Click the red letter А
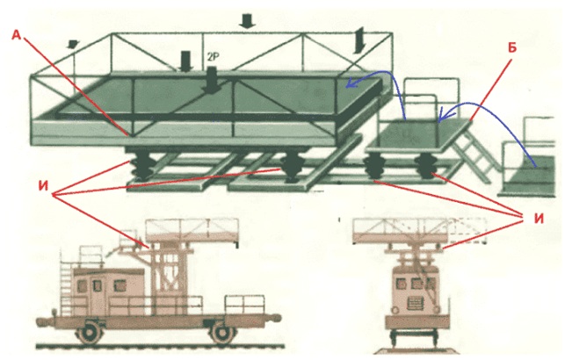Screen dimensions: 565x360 point(17,35)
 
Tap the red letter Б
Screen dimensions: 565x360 point(512,47)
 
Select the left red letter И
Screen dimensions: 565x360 point(43,187)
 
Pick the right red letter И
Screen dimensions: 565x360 point(539,218)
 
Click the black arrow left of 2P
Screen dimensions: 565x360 point(185,61)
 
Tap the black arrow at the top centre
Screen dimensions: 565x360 point(247,20)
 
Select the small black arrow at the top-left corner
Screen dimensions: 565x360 point(73,44)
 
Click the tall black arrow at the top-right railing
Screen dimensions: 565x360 point(359,40)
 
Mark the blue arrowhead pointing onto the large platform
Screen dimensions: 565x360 point(351,83)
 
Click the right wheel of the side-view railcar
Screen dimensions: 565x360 point(222,334)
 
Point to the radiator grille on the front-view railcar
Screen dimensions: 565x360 point(417,304)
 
